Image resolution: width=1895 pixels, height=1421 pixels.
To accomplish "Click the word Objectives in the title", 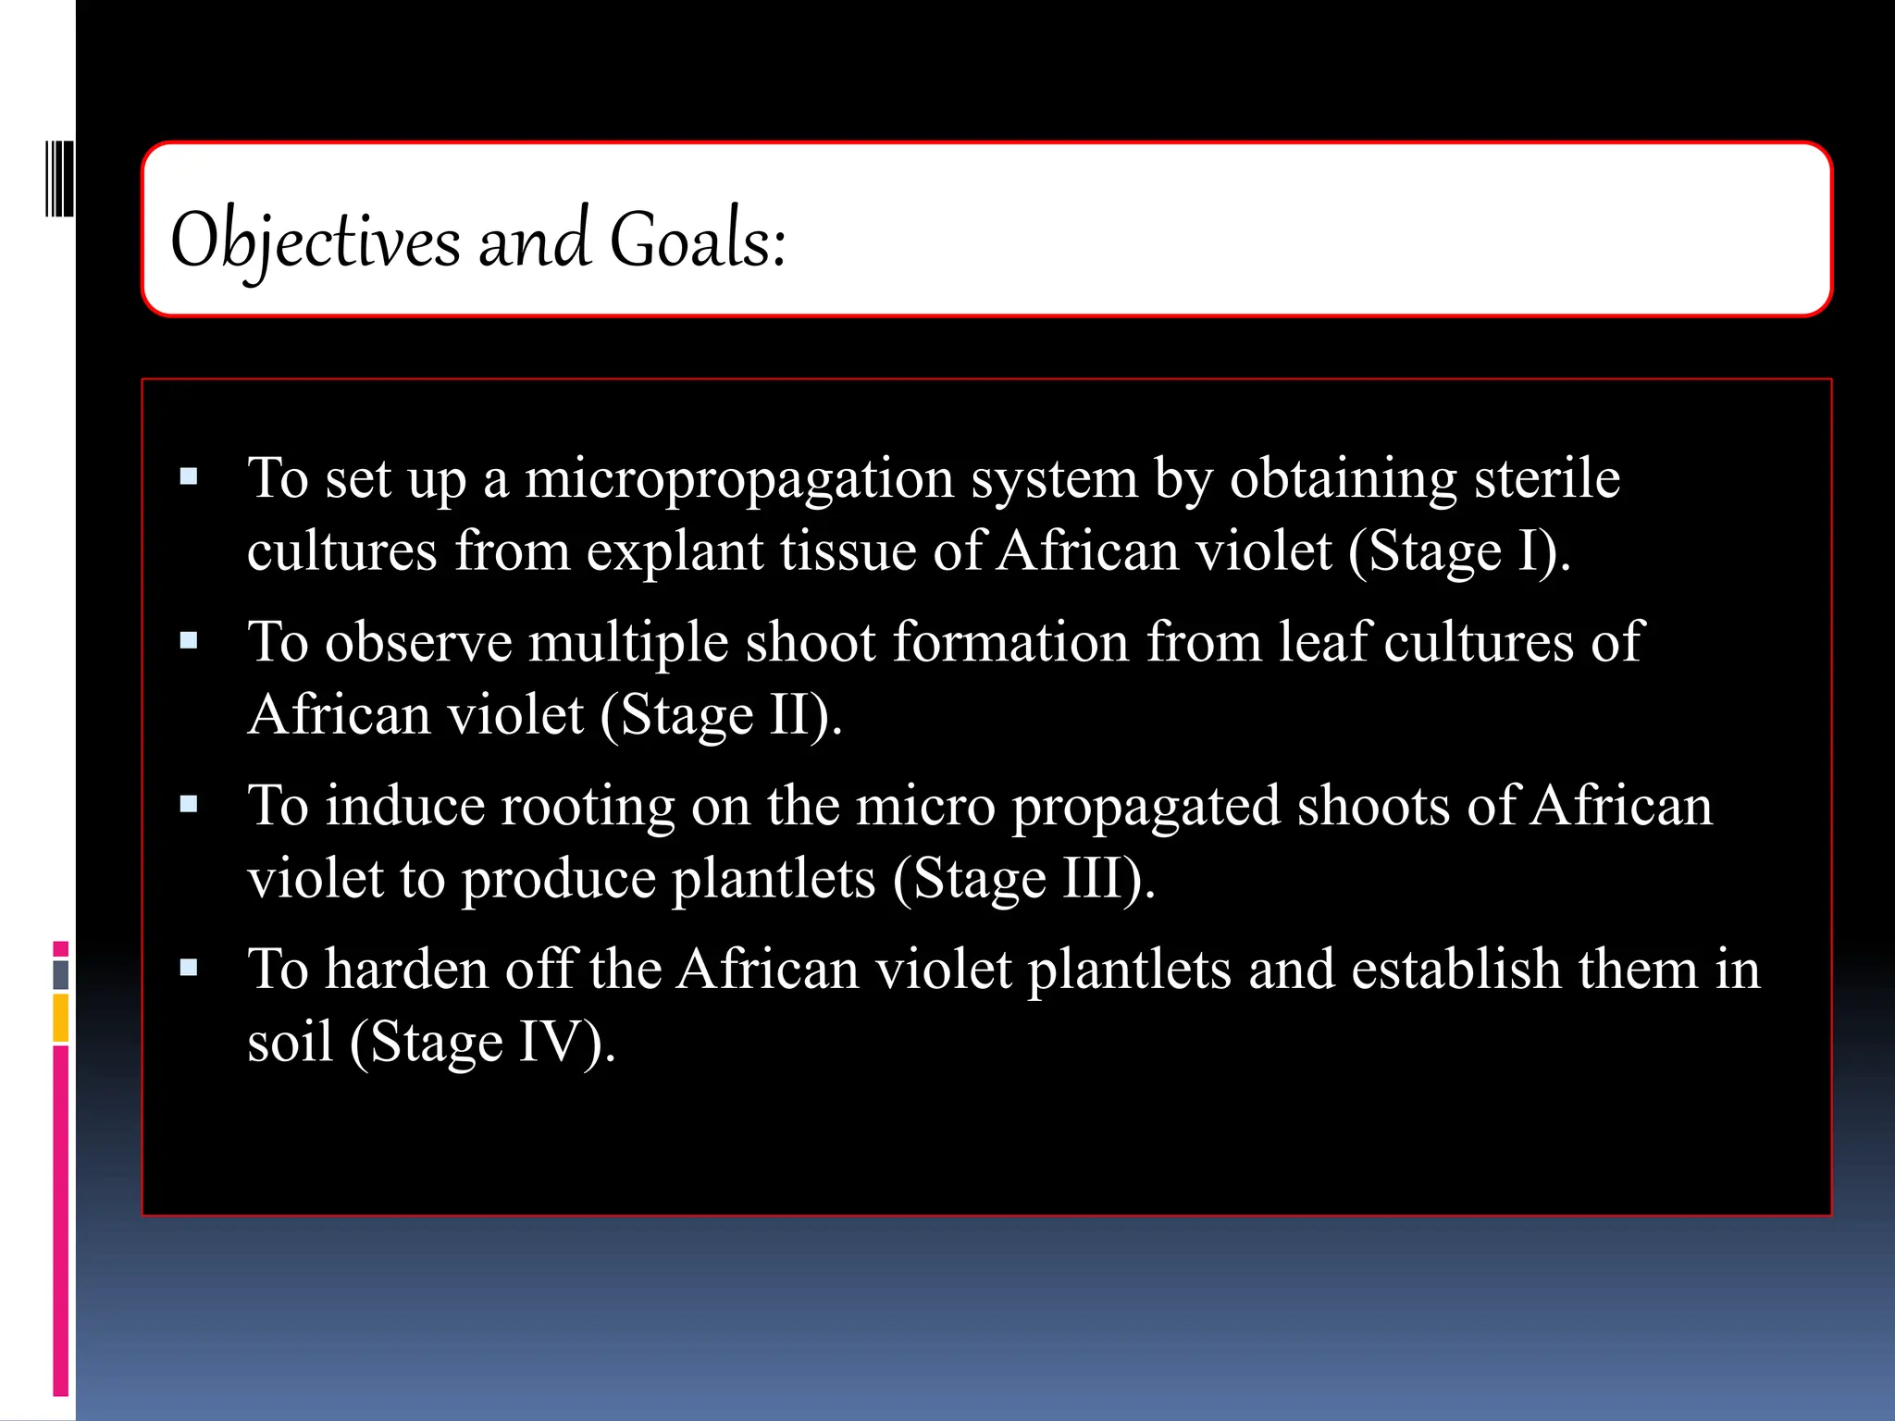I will click(x=315, y=241).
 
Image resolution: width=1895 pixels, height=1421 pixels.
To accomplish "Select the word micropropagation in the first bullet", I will click(x=739, y=480).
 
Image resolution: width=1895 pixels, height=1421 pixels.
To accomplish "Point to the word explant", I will click(x=675, y=551).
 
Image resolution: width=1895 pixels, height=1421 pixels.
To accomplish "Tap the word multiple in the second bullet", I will click(x=628, y=642).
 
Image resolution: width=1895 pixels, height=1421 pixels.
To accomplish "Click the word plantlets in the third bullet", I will click(x=774, y=879).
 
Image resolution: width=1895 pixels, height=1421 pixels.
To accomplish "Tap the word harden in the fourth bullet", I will click(x=406, y=970).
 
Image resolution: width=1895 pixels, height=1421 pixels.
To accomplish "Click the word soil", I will click(x=290, y=1043).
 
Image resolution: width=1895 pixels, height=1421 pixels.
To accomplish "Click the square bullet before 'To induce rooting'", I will click(x=190, y=804).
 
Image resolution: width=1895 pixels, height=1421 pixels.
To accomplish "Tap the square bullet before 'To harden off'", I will click(x=190, y=969).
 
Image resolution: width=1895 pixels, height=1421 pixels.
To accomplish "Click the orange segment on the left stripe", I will click(x=61, y=1018).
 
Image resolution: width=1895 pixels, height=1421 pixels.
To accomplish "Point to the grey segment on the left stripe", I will click(x=61, y=975).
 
